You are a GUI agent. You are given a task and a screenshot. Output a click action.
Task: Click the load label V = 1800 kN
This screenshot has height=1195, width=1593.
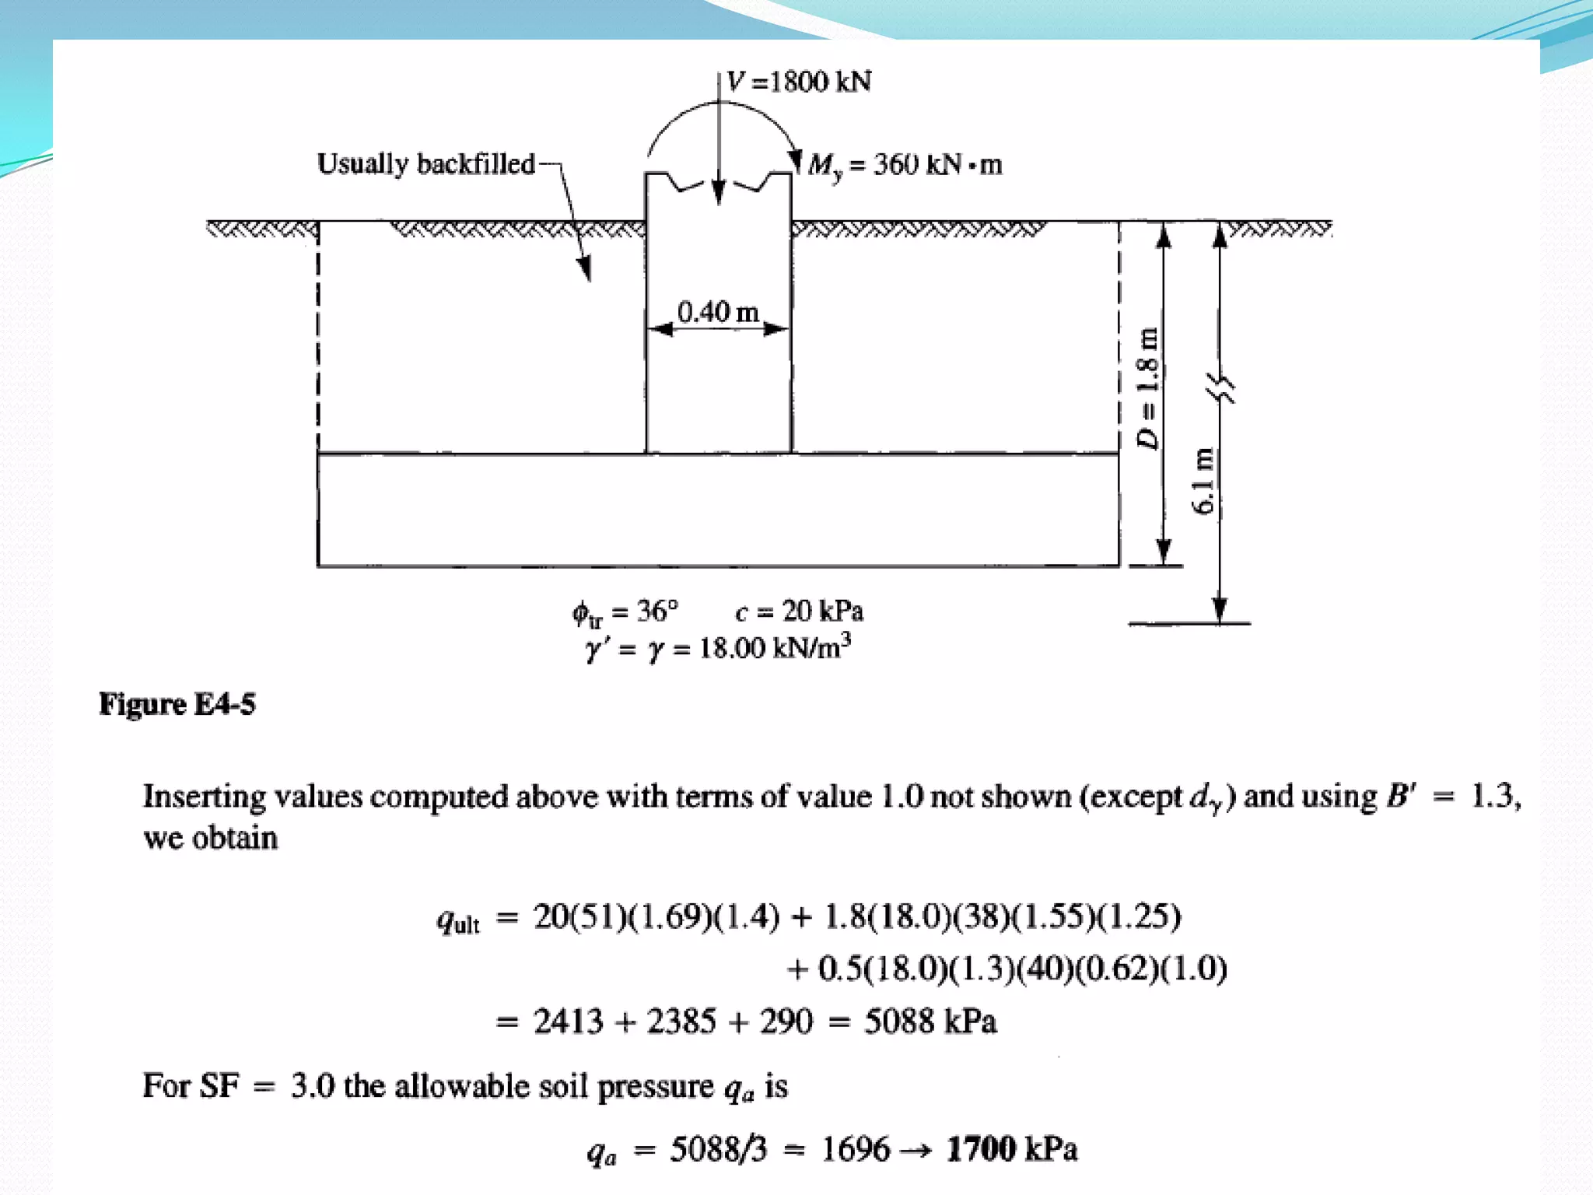pyautogui.click(x=799, y=82)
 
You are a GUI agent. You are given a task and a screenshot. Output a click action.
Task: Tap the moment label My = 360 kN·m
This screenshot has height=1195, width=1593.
pyautogui.click(x=905, y=165)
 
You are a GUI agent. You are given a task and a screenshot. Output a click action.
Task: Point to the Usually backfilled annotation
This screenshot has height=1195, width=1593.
pyautogui.click(x=425, y=164)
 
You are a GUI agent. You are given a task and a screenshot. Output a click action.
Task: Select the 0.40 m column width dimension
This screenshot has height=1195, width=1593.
pyautogui.click(x=717, y=313)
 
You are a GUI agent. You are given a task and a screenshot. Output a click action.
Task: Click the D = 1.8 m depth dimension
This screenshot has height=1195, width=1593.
pyautogui.click(x=1147, y=388)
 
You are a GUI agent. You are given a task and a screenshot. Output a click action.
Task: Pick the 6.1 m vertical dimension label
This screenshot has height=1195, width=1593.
pyautogui.click(x=1203, y=481)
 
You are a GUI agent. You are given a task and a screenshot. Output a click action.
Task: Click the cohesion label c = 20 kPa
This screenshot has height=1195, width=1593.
pyautogui.click(x=799, y=612)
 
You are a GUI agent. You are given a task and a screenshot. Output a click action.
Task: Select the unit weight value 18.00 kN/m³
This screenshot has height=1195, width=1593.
pyautogui.click(x=775, y=647)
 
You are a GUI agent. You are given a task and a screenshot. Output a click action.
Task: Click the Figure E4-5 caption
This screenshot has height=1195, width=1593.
pyautogui.click(x=177, y=704)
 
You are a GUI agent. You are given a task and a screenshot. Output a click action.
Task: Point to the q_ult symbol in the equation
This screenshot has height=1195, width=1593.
pyautogui.click(x=457, y=921)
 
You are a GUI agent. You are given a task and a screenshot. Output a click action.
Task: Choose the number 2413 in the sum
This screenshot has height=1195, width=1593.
pyautogui.click(x=568, y=1021)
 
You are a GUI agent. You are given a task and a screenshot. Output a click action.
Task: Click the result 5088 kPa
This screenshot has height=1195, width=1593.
pyautogui.click(x=930, y=1021)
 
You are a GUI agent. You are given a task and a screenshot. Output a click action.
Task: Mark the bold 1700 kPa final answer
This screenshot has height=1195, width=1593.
pyautogui.click(x=1011, y=1149)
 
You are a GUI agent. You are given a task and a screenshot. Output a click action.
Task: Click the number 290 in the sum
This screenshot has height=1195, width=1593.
pyautogui.click(x=786, y=1021)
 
